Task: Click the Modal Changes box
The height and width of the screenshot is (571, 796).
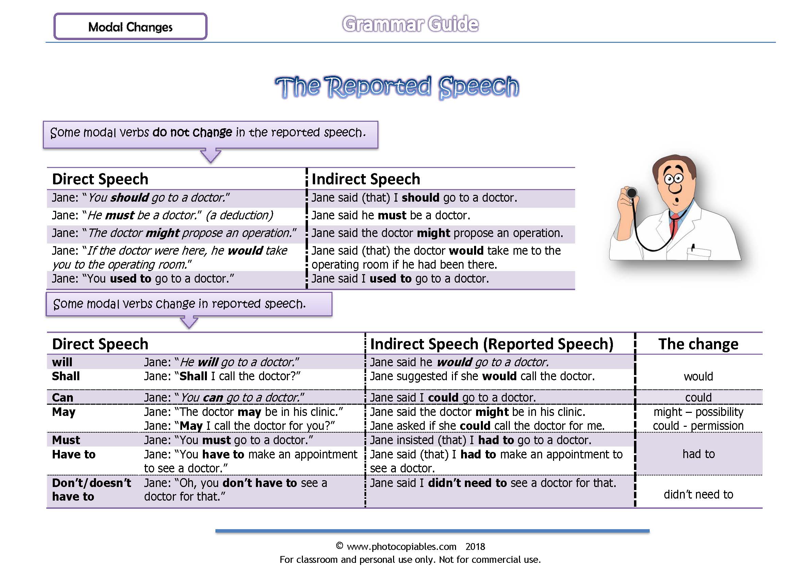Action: click(130, 27)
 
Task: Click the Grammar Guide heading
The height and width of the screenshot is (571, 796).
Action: click(410, 24)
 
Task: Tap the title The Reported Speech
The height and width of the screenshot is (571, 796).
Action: click(397, 87)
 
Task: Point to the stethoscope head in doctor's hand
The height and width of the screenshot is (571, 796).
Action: click(631, 192)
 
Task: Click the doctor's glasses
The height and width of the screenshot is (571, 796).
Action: click(673, 179)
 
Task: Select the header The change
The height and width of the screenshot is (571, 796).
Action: click(698, 344)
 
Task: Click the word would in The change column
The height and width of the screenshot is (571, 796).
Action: click(698, 376)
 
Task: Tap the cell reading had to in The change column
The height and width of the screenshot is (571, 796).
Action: click(698, 454)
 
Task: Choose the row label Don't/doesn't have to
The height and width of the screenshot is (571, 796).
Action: click(91, 490)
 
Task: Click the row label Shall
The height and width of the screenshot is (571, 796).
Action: click(66, 376)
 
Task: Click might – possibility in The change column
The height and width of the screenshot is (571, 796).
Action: click(698, 412)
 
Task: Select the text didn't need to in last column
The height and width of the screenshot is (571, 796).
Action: click(698, 494)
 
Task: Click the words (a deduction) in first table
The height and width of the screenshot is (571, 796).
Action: click(239, 215)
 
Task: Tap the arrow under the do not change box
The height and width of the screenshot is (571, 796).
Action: click(211, 155)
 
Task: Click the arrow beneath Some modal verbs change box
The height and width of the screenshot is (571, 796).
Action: click(189, 322)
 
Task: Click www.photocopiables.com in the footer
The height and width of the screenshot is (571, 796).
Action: click(401, 547)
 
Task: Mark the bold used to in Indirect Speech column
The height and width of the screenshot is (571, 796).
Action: click(390, 279)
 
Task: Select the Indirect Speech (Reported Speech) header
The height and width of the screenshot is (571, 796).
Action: click(491, 344)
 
